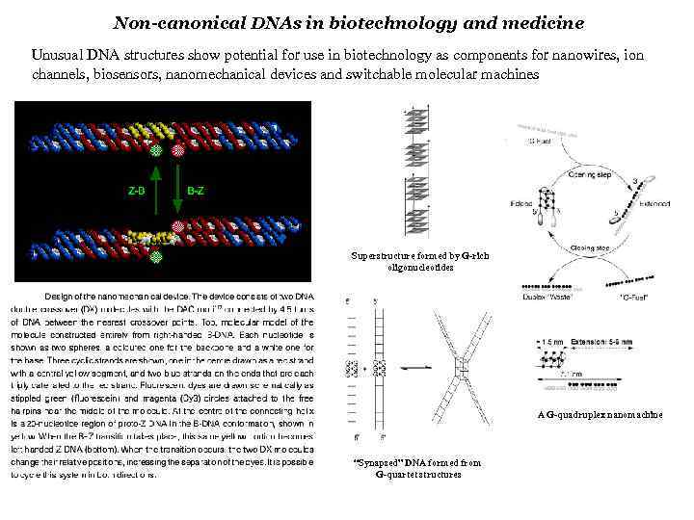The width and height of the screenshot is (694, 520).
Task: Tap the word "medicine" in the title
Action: click(541, 21)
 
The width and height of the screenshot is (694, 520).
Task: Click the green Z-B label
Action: click(137, 190)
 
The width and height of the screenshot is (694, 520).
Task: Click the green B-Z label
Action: click(195, 190)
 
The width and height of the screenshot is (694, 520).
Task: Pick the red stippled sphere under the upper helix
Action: click(177, 149)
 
